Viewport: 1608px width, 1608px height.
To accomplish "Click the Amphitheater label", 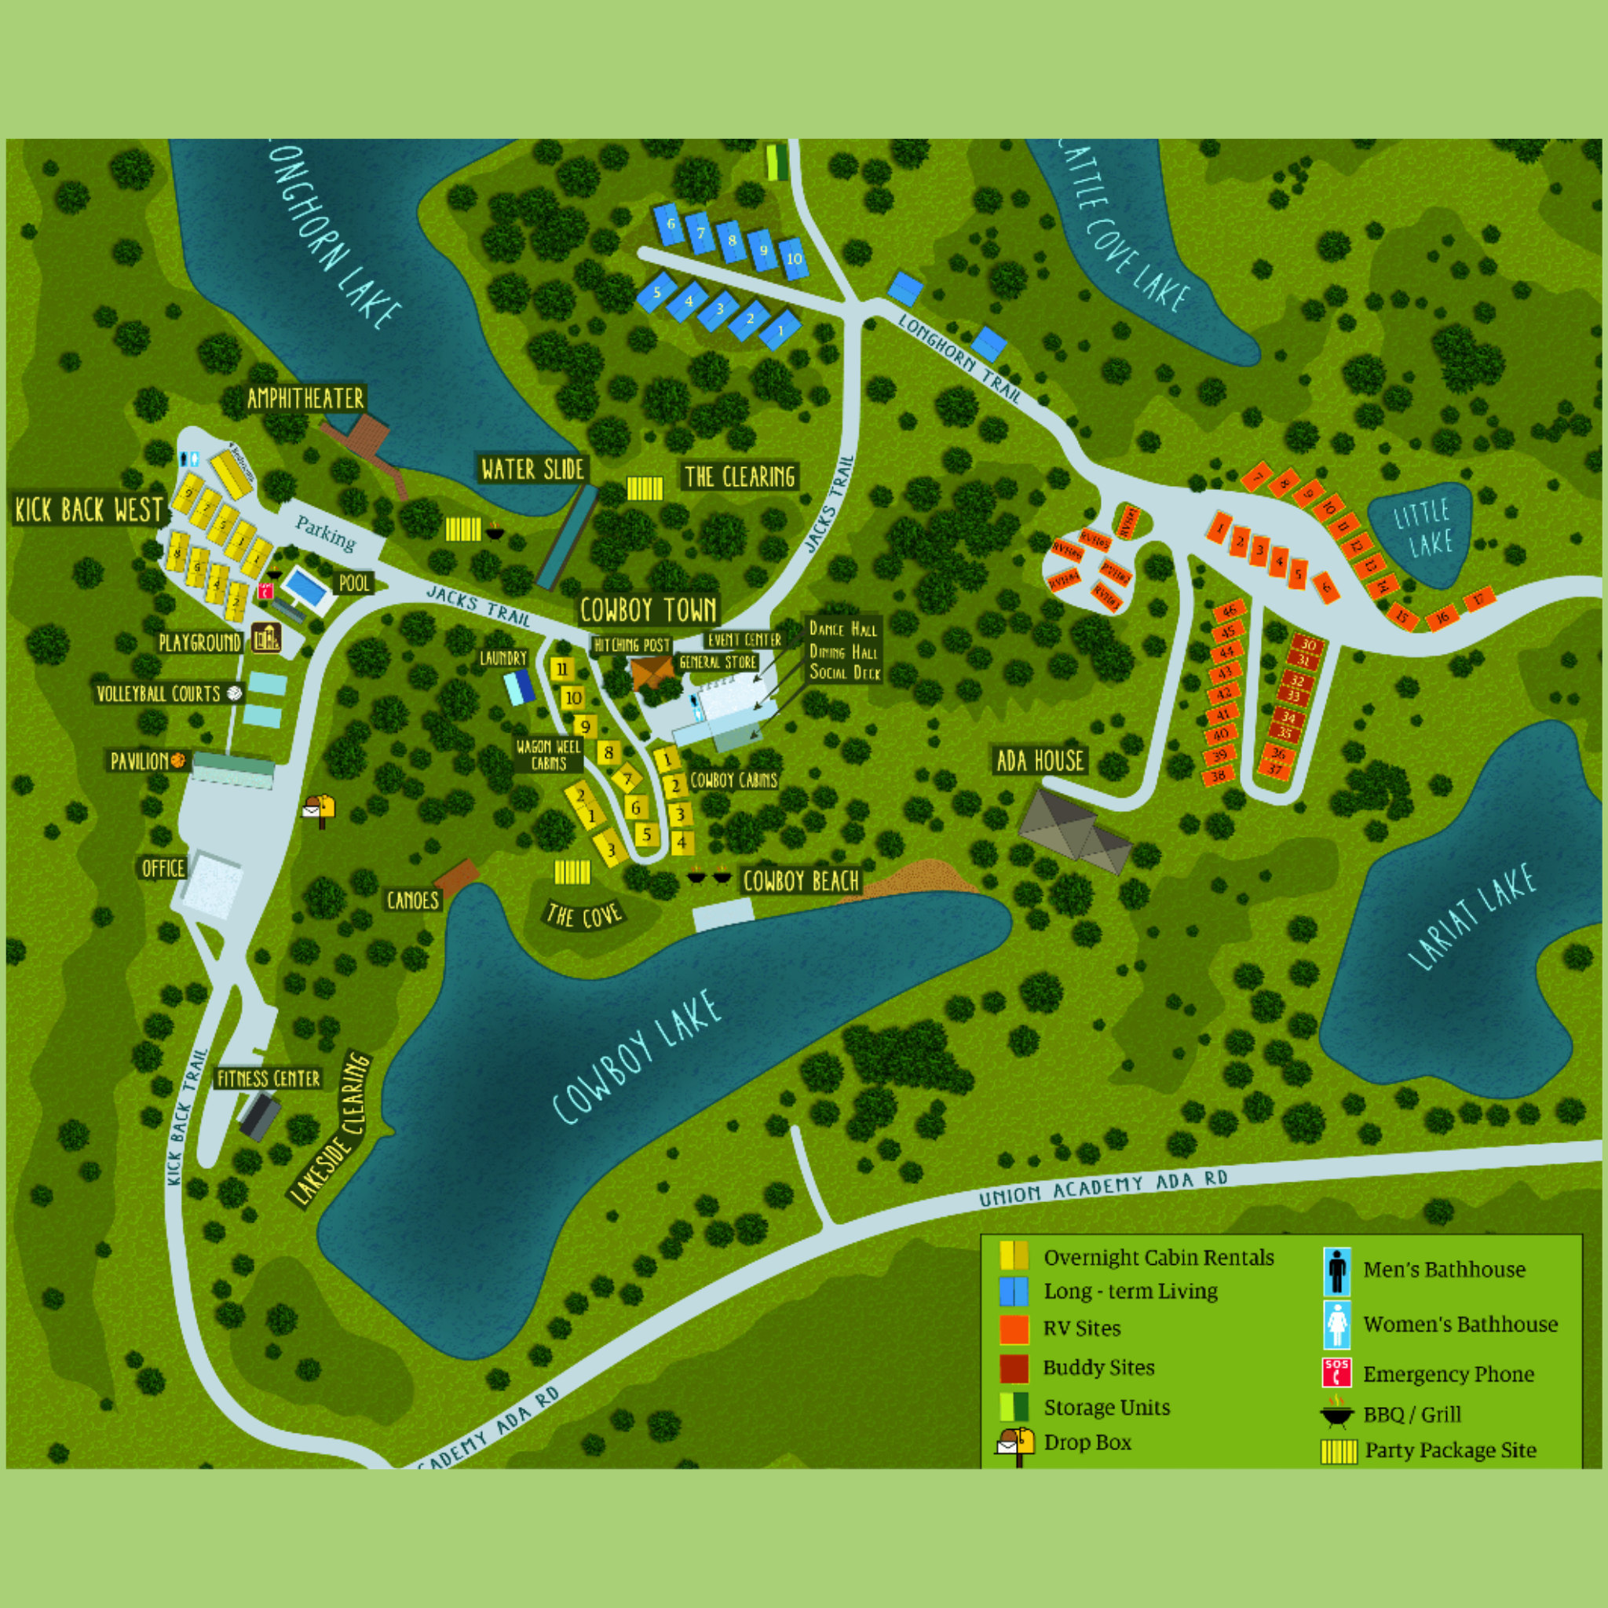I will pyautogui.click(x=305, y=399).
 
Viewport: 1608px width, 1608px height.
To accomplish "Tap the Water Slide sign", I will pyautogui.click(x=532, y=470).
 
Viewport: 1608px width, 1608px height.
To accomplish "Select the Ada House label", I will pyautogui.click(x=1040, y=760).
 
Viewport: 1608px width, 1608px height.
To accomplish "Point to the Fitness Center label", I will pyautogui.click(x=268, y=1079).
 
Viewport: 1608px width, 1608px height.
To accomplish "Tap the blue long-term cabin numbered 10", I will pyautogui.click(x=794, y=258).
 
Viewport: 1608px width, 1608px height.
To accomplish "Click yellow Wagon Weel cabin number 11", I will pyautogui.click(x=562, y=668).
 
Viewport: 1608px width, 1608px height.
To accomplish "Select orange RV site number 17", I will pyautogui.click(x=1479, y=599).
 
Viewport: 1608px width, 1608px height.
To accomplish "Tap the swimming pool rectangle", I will pyautogui.click(x=305, y=588).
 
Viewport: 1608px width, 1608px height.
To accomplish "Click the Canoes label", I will pyautogui.click(x=412, y=901).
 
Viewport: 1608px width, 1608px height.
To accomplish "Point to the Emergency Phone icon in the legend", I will pyautogui.click(x=1336, y=1373).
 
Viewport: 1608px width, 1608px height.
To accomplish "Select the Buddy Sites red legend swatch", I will pyautogui.click(x=1014, y=1368).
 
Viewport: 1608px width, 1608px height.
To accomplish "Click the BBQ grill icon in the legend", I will pyautogui.click(x=1336, y=1413).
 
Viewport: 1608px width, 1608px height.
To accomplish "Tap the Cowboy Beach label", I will pyautogui.click(x=800, y=882).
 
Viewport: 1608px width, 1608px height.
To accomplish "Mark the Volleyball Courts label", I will pyautogui.click(x=158, y=693).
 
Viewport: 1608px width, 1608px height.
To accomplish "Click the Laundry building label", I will pyautogui.click(x=503, y=658).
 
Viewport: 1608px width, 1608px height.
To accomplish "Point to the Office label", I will pyautogui.click(x=163, y=868).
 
